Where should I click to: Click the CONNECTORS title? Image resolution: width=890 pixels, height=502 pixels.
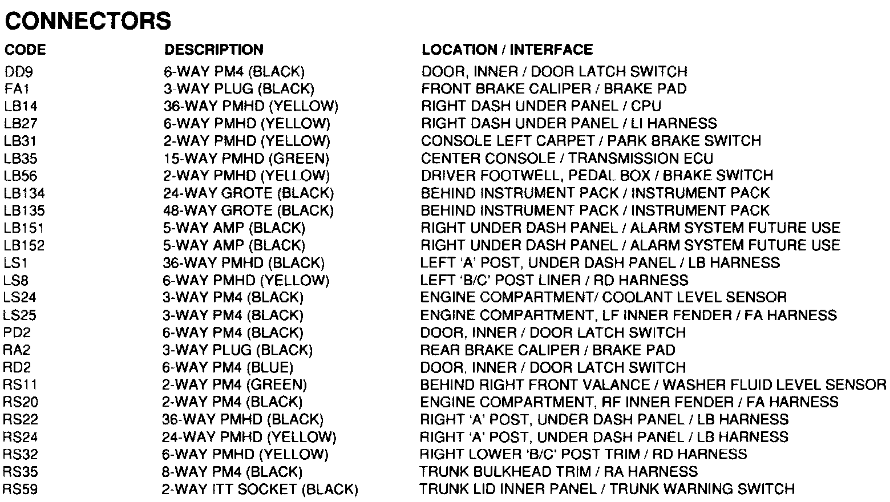click(88, 22)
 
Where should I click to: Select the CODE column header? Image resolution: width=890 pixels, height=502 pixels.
click(25, 50)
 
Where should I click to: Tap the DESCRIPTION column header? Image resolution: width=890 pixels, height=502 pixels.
click(214, 50)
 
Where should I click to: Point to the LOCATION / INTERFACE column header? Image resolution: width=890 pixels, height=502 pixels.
click(507, 50)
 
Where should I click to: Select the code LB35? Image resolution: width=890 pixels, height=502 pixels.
click(21, 159)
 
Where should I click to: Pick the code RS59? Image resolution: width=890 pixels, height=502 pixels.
click(21, 489)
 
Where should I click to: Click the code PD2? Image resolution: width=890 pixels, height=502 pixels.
click(17, 333)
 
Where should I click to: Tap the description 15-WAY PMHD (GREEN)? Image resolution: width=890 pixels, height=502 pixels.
click(246, 159)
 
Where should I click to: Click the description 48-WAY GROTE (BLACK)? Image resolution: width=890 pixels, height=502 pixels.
click(248, 210)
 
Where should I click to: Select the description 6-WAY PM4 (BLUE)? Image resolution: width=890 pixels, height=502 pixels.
click(228, 367)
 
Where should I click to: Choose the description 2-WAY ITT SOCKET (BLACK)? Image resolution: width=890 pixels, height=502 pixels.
click(260, 489)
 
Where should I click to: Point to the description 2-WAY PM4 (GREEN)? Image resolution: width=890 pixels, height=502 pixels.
click(234, 385)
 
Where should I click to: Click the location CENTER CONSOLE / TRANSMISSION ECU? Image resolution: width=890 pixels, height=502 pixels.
click(567, 159)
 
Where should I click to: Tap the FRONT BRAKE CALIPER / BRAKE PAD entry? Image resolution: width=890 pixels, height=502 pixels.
click(553, 89)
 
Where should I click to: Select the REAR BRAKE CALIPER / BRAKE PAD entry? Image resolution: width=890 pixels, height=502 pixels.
click(548, 350)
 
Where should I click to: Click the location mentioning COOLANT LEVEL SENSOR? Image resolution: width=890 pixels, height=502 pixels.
click(603, 298)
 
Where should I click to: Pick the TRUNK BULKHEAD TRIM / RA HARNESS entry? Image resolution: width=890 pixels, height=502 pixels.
click(559, 472)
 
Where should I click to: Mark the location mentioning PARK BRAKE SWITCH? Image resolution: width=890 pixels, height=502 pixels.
click(591, 141)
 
